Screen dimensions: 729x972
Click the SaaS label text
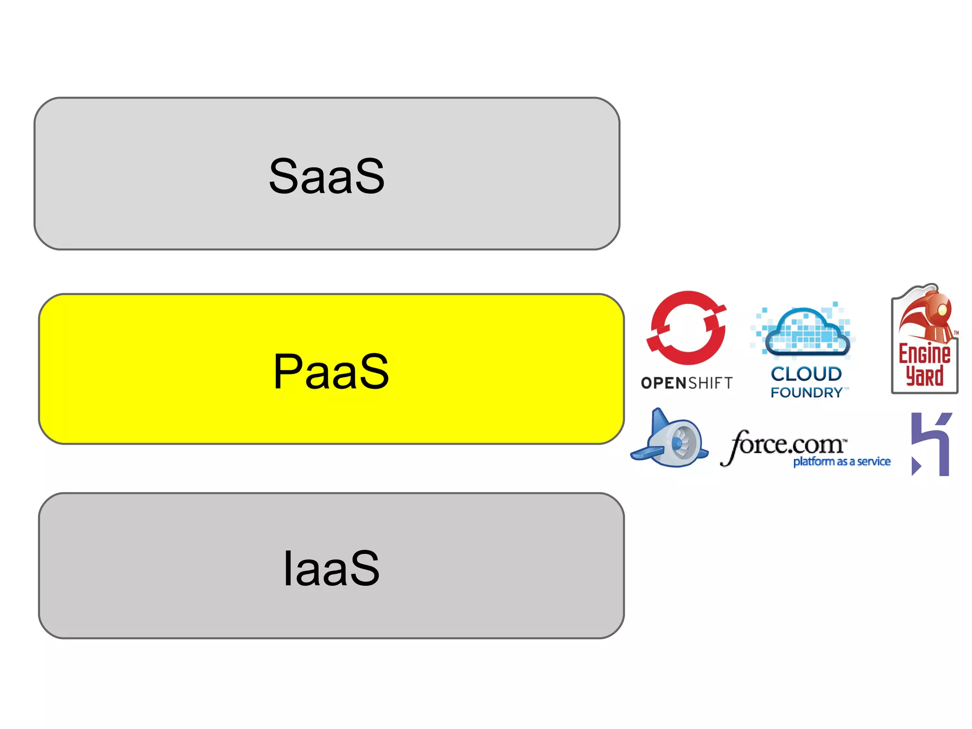(327, 176)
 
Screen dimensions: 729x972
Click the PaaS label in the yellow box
(331, 372)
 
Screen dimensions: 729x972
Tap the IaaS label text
(331, 568)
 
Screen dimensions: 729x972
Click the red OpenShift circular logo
(687, 328)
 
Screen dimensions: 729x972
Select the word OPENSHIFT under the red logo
(686, 383)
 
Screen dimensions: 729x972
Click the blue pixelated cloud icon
(806, 332)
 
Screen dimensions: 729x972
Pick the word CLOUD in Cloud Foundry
(806, 374)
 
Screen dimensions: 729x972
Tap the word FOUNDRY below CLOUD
(806, 393)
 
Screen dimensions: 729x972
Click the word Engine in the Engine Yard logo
(924, 355)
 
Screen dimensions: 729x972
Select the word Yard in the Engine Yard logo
(924, 376)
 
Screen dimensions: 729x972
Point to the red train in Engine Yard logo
(928, 313)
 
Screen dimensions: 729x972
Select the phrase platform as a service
(841, 462)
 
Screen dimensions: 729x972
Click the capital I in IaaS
(287, 568)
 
